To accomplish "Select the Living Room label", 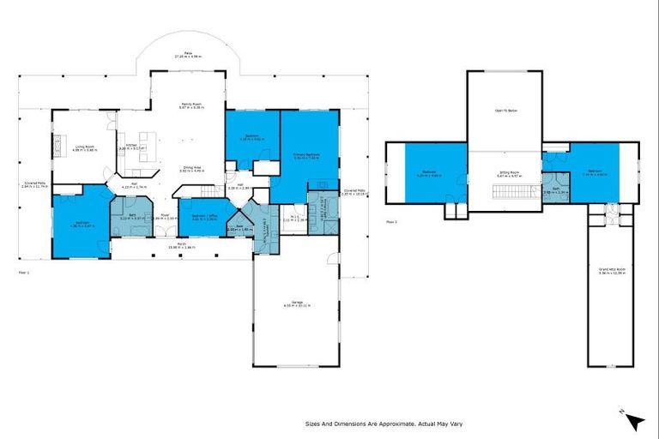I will click(x=84, y=147).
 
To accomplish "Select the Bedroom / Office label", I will click(x=203, y=216).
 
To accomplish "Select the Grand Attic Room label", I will click(x=612, y=271).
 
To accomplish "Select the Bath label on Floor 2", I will click(x=556, y=189).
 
